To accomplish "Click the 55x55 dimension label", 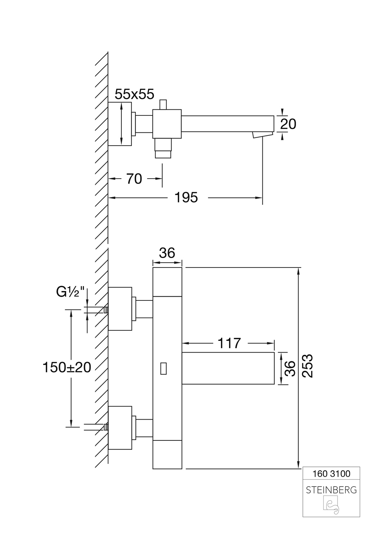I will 135,94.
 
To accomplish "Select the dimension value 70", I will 134,179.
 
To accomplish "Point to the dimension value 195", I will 186,197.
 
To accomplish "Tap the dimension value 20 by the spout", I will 288,124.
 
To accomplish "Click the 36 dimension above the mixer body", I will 167,253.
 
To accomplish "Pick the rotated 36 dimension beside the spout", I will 289,369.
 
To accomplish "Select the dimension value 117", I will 229,343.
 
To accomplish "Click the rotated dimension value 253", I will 309,366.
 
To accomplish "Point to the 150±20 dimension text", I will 67,367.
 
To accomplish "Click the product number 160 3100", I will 332,473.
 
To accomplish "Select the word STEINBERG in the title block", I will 331,490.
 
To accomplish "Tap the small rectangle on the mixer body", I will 163,368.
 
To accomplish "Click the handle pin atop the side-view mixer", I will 163,105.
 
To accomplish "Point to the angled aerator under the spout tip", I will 262,135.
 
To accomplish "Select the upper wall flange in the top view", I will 120,308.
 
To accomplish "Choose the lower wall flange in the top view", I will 120,428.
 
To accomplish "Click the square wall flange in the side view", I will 120,124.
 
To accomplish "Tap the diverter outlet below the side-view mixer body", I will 163,148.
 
